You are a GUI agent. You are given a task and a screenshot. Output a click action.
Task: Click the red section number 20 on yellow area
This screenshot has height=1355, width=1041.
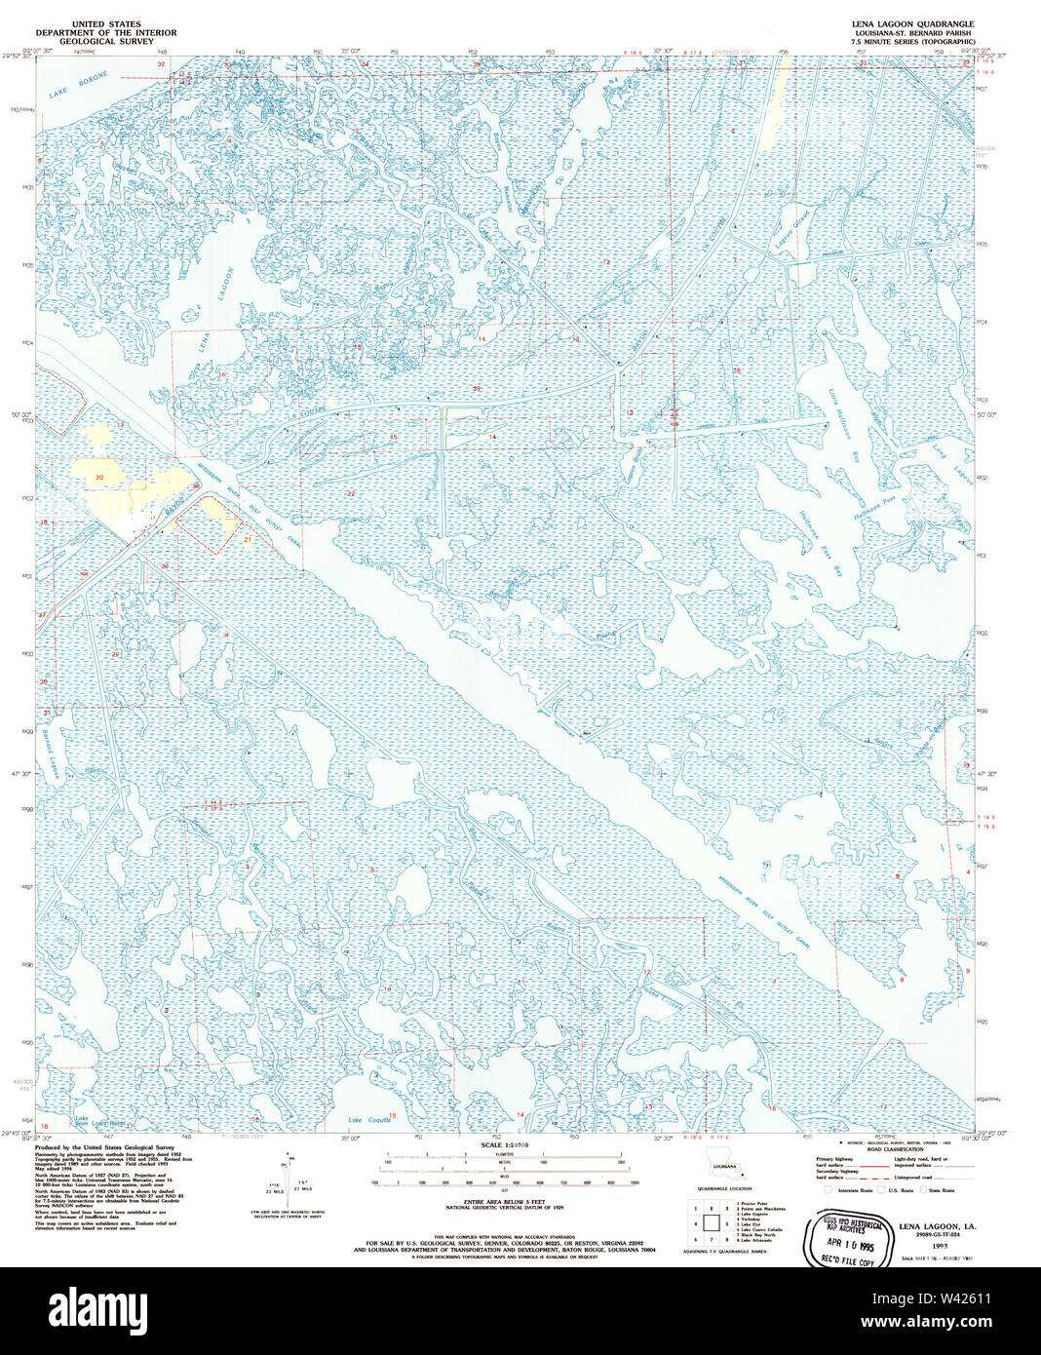click(x=99, y=477)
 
